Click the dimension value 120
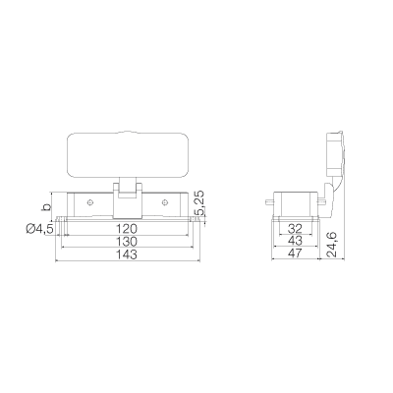[128, 229]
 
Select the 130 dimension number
[128, 242]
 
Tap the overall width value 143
[128, 254]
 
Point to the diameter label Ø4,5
[39, 229]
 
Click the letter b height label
[47, 207]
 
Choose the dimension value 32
[296, 229]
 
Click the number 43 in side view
[296, 241]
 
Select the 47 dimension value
[296, 253]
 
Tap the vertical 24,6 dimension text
[331, 245]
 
